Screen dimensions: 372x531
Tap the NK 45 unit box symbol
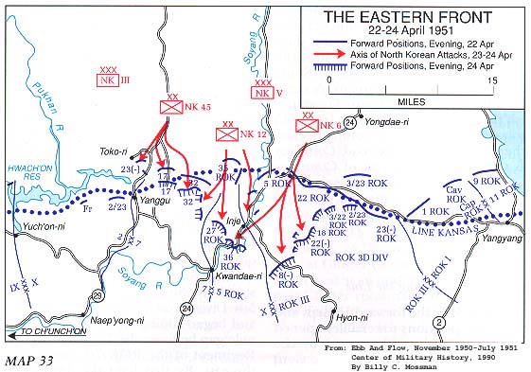(172, 108)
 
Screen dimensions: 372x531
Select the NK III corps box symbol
(108, 81)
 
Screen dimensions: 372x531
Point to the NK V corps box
(261, 92)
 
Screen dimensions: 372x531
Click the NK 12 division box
(228, 135)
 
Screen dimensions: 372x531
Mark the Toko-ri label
(114, 150)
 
